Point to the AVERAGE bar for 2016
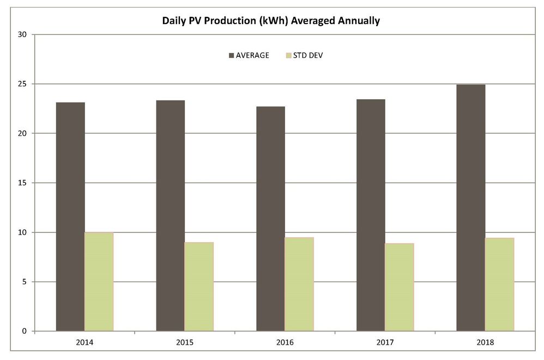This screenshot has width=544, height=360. (270, 219)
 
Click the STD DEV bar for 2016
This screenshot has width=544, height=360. (299, 284)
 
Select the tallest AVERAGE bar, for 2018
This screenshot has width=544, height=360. (471, 208)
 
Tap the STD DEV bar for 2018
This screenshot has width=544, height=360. (500, 284)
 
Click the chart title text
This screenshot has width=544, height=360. (271, 21)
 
